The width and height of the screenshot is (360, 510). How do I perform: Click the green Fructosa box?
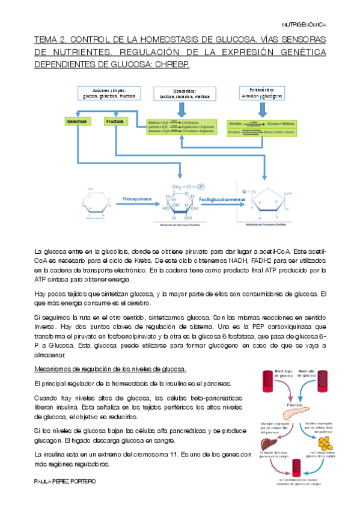click(115, 121)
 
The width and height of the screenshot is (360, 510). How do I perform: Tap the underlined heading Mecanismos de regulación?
click(109, 369)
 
